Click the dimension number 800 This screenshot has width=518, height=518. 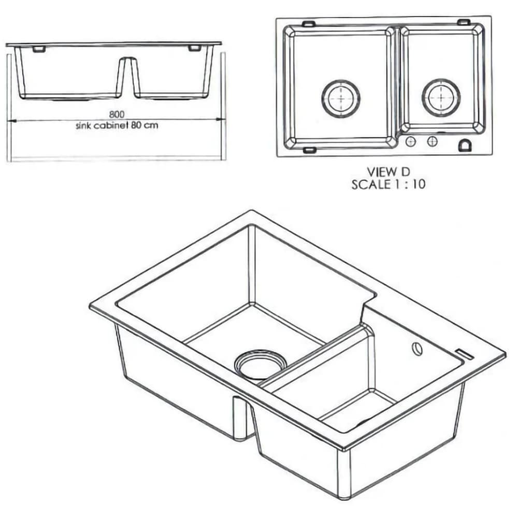[x=117, y=114]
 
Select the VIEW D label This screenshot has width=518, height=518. [x=388, y=172]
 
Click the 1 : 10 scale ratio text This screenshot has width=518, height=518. [x=408, y=184]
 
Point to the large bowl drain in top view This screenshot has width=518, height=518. [x=341, y=98]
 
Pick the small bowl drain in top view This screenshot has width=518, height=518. [x=441, y=97]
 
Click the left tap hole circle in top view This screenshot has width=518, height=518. [x=410, y=141]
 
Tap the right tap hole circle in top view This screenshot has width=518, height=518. [x=433, y=141]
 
